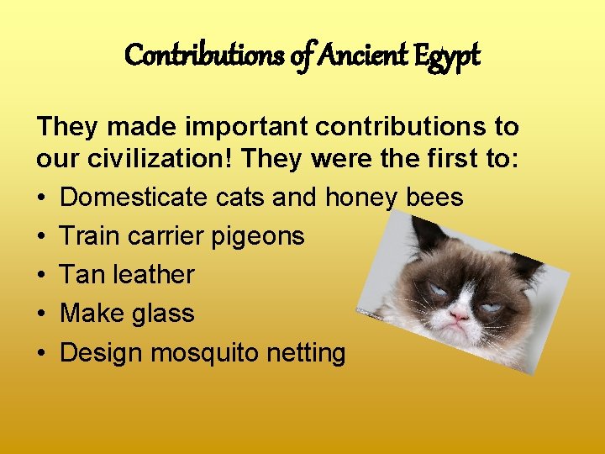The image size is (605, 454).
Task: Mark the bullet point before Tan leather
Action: (42, 275)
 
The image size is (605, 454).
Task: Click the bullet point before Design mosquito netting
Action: (42, 352)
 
